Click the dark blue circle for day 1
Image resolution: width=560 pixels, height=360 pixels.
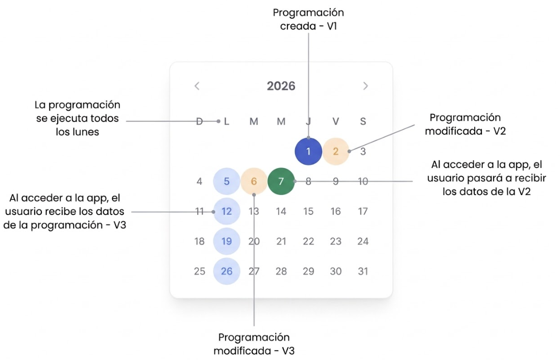tap(308, 152)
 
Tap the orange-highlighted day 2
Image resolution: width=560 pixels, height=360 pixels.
tap(335, 152)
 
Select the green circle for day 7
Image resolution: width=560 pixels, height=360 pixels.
tap(281, 181)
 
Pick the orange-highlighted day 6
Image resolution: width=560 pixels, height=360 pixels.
tap(254, 181)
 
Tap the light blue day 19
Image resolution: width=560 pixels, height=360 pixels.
tap(227, 242)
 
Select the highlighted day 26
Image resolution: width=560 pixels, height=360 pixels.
tap(227, 271)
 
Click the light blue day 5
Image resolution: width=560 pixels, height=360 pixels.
tap(227, 181)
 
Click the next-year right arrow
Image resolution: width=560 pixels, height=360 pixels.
tap(366, 86)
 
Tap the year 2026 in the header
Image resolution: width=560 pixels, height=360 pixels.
tap(281, 86)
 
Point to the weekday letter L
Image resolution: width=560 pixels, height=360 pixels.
tap(227, 122)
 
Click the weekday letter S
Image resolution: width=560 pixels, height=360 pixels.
tap(363, 122)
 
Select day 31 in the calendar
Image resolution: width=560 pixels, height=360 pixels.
tap(363, 271)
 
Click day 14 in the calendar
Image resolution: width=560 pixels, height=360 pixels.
tap(281, 211)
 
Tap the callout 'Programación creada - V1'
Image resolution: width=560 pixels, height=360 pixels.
tap(308, 19)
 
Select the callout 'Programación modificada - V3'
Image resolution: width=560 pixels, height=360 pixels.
tap(254, 344)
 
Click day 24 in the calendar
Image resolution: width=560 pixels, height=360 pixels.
tap(363, 242)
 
